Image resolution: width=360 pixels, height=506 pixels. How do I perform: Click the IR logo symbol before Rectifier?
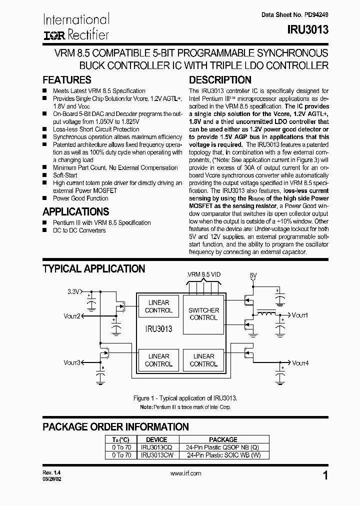pyautogui.click(x=53, y=35)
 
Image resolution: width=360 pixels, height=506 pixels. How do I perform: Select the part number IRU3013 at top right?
pyautogui.click(x=308, y=30)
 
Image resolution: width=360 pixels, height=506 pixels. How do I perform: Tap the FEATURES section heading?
pyautogui.click(x=67, y=80)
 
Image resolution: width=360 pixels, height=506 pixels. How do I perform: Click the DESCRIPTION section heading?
pyautogui.click(x=220, y=80)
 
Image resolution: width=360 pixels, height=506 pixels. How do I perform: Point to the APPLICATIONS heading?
pyautogui.click(x=75, y=211)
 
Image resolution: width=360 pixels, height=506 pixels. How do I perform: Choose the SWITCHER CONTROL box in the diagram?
pyautogui.click(x=203, y=314)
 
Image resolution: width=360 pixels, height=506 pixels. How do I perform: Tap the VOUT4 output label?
pyautogui.click(x=300, y=362)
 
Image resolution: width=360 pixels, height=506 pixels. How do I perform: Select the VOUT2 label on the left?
pyautogui.click(x=71, y=315)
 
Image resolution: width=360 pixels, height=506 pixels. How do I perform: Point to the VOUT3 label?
pyautogui.click(x=71, y=362)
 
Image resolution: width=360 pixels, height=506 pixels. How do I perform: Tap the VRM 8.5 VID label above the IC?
pyautogui.click(x=204, y=274)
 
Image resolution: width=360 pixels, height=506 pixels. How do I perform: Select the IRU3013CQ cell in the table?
pyautogui.click(x=156, y=447)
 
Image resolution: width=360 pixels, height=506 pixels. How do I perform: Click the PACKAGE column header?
pyautogui.click(x=223, y=440)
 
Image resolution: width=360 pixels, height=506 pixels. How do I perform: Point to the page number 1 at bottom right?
pyautogui.click(x=325, y=476)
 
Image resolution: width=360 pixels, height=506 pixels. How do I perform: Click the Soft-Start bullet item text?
pyautogui.click(x=65, y=175)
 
